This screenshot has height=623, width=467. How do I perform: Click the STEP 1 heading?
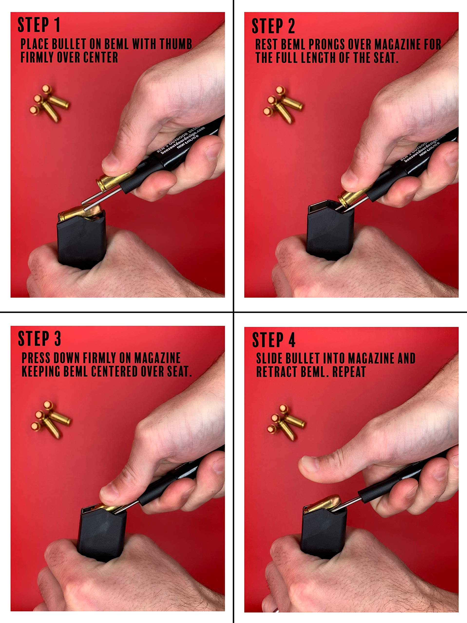39,25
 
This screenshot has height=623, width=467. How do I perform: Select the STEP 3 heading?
39,339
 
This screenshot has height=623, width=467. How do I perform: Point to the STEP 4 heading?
273,340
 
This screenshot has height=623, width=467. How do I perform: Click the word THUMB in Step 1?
175,44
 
